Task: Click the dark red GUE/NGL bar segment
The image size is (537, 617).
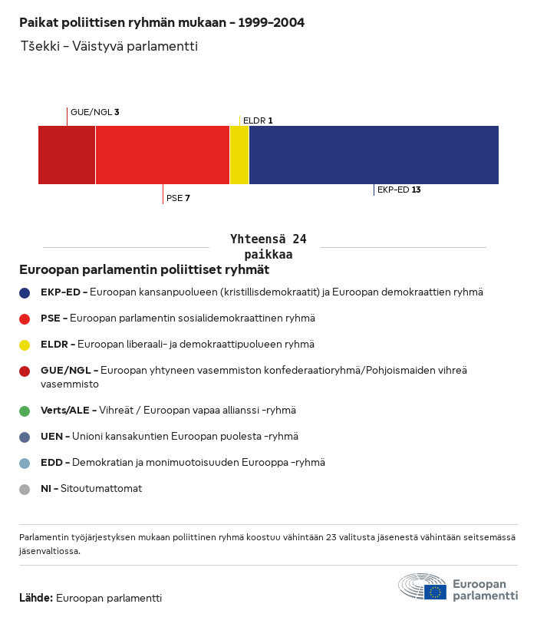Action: pyautogui.click(x=67, y=155)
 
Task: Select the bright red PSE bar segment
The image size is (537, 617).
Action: pyautogui.click(x=162, y=155)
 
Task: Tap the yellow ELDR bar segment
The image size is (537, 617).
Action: pyautogui.click(x=239, y=155)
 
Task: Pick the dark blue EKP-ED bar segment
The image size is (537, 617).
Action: pyautogui.click(x=374, y=155)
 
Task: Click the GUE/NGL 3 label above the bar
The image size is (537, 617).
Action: pyautogui.click(x=94, y=112)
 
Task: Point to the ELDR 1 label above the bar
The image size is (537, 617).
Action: pyautogui.click(x=258, y=120)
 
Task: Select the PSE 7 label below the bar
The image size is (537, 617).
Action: pyautogui.click(x=178, y=198)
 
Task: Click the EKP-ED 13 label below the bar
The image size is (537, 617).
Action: pyautogui.click(x=399, y=190)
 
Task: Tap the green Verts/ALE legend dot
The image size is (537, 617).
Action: pyautogui.click(x=25, y=411)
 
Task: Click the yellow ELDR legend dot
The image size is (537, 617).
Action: pyautogui.click(x=25, y=345)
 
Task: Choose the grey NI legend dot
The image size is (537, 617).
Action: pyautogui.click(x=25, y=489)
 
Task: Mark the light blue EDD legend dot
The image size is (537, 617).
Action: pyautogui.click(x=25, y=463)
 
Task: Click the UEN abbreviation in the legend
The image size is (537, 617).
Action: pyautogui.click(x=51, y=437)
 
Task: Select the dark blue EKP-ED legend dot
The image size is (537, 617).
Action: pyautogui.click(x=25, y=292)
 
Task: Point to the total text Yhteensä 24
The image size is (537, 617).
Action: pyautogui.click(x=268, y=239)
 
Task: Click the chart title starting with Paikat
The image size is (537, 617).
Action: pyautogui.click(x=162, y=23)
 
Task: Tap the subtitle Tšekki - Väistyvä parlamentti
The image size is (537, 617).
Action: pyautogui.click(x=109, y=47)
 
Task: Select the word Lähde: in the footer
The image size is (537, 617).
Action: pyautogui.click(x=36, y=598)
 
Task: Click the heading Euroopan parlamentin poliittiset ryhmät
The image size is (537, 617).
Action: pyautogui.click(x=144, y=270)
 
